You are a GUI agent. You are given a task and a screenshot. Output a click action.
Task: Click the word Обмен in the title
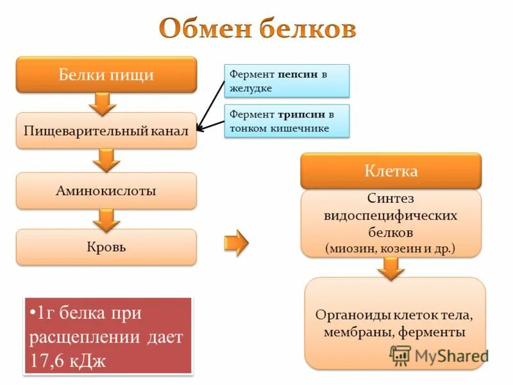[205, 30]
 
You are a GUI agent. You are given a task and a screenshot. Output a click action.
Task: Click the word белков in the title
[307, 30]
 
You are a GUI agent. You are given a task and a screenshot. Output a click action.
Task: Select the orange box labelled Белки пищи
[106, 74]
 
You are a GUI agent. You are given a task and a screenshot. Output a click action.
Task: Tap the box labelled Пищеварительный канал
[106, 131]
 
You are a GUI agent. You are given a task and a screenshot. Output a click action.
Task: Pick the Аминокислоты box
[106, 191]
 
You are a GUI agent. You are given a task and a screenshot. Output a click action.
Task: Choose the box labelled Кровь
[106, 247]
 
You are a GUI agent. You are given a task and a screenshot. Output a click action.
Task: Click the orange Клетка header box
[391, 171]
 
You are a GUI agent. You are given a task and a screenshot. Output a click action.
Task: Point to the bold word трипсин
[301, 115]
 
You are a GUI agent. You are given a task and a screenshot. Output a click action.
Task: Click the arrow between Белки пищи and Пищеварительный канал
[106, 103]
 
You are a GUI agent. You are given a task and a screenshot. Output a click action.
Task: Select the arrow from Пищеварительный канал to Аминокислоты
[106, 160]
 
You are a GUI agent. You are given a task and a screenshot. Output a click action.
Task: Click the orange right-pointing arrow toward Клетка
[236, 243]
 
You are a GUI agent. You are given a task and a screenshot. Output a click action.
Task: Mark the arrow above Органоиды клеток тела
[391, 268]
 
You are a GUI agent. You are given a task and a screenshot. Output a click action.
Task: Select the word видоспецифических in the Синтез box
[391, 215]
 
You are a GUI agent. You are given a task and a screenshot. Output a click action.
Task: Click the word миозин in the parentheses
[350, 247]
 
